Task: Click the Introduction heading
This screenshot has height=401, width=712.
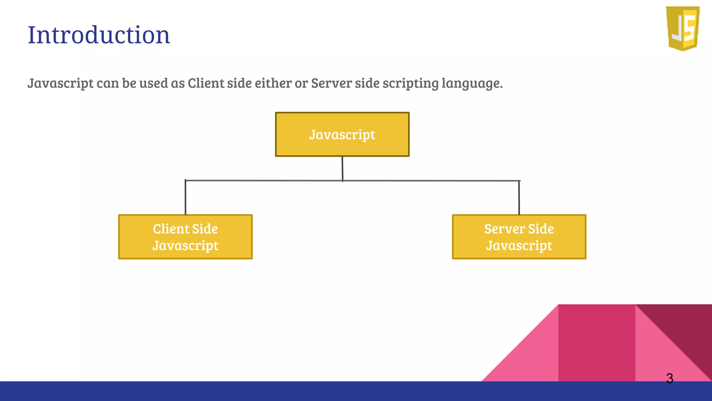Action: coord(99,35)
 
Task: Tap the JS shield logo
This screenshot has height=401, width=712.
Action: coord(683,29)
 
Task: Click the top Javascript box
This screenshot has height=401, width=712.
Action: coord(342,134)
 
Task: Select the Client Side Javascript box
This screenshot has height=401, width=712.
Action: coord(185,237)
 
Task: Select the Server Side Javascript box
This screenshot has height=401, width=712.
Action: coord(519,237)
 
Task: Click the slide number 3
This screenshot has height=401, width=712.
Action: coord(670,378)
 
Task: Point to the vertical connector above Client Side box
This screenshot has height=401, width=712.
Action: coord(185,198)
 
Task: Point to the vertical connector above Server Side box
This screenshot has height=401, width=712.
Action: coord(519,198)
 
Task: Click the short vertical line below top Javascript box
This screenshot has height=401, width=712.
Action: coord(342,168)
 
